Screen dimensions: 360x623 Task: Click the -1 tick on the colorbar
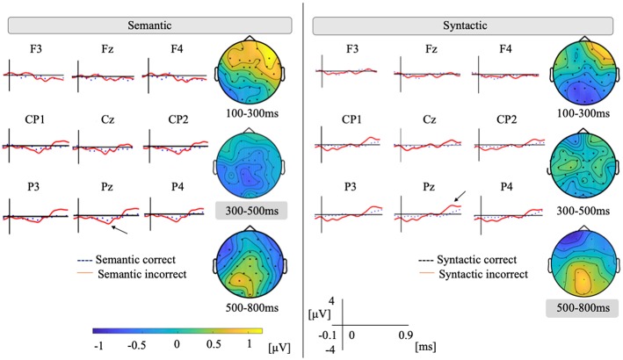[96, 345]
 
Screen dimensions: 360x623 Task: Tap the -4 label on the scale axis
[323, 349]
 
